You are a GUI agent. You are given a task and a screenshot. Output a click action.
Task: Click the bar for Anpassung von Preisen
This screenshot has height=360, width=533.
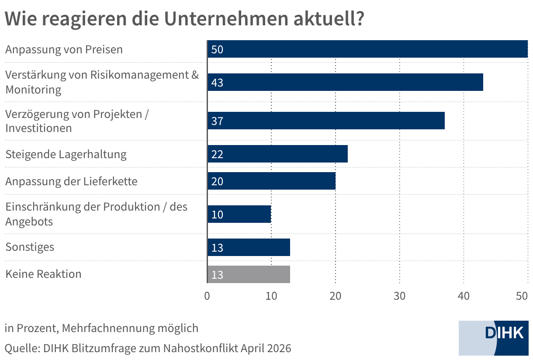pos(367,49)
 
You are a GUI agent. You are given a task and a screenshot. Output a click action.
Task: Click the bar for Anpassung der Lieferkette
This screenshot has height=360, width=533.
pos(271,181)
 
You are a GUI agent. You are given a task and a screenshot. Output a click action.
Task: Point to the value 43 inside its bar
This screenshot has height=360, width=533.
pos(217,82)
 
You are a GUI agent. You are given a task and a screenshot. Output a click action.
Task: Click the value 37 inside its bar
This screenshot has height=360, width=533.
pos(217,121)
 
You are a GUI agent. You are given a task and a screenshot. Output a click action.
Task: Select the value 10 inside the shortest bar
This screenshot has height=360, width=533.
pos(217,215)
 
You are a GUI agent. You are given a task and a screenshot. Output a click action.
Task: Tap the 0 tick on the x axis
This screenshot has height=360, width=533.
pos(207,296)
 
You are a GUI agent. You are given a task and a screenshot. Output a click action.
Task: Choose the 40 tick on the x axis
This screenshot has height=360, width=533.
pos(464,296)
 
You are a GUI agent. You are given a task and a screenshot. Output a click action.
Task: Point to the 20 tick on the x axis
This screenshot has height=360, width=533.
pos(336,296)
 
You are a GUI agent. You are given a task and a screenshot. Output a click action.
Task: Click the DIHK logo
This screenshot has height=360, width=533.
pos(495,337)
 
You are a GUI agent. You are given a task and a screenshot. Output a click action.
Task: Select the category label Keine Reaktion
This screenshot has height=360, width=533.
pos(43,274)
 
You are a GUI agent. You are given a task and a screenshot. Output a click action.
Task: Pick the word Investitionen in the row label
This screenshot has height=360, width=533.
pos(38,128)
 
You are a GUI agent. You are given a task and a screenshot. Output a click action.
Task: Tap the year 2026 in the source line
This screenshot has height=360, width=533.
pos(279,348)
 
